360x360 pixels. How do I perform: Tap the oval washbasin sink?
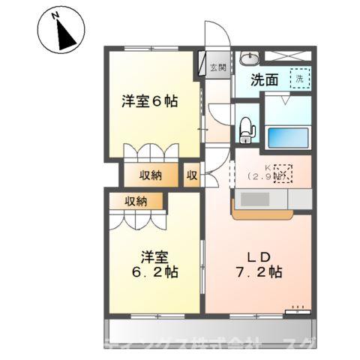[249, 57]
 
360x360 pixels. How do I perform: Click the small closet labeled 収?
[192, 175]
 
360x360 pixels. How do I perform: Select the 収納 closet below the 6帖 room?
[152, 175]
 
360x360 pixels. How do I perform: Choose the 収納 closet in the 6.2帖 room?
[136, 200]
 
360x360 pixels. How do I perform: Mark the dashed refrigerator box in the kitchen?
[284, 172]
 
